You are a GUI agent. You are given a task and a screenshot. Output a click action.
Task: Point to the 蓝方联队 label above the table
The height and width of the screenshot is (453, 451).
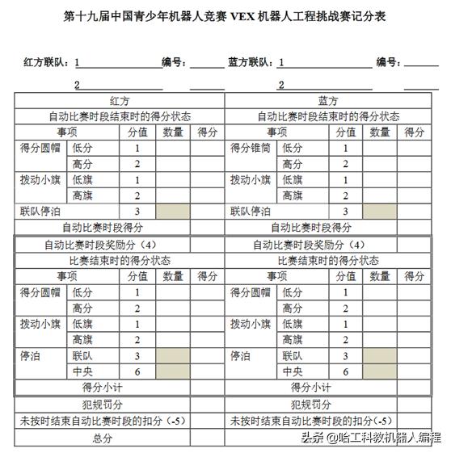point(251,61)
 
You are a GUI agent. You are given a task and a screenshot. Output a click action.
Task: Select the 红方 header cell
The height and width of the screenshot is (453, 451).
point(119,101)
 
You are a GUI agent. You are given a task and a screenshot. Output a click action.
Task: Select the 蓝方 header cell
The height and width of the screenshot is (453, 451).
point(328,101)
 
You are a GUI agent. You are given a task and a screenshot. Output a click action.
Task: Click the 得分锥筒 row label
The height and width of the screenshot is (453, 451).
point(251,148)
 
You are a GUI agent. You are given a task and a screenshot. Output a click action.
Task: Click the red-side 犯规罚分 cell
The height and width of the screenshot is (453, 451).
point(119,404)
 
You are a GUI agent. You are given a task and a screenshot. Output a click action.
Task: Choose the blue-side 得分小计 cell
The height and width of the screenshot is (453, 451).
point(328,388)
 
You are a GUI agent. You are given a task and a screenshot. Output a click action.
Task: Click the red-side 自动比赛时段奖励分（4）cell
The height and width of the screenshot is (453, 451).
point(119,245)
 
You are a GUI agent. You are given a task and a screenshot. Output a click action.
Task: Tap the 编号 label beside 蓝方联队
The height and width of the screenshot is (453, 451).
point(388,61)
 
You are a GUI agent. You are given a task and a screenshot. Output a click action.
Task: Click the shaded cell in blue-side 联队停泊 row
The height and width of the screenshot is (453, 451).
point(379,211)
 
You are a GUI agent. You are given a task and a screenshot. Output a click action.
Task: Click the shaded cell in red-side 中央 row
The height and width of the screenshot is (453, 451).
point(172,371)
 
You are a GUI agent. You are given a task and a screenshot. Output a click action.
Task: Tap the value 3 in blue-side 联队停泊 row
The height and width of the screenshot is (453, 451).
point(346,211)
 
